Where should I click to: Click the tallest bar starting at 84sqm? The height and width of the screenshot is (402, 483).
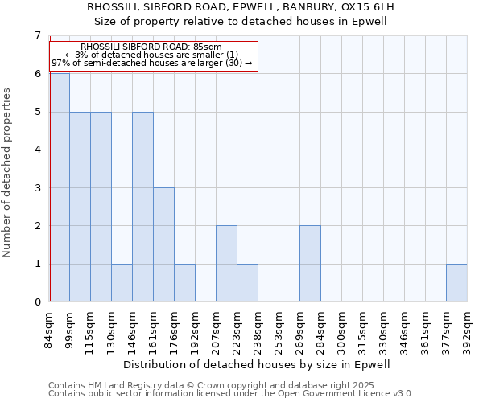pos(60,187)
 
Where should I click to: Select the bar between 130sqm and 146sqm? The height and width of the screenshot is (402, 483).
pos(122,282)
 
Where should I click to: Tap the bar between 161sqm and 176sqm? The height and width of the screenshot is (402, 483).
pos(163,244)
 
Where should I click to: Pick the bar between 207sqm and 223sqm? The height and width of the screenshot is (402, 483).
pos(226,264)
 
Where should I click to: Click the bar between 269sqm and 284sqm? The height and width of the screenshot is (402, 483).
pos(310,264)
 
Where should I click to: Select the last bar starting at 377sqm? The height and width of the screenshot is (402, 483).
pos(456,282)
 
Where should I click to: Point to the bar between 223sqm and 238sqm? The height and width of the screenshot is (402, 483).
pos(247,282)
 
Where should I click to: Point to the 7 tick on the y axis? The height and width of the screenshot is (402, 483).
pos(37,35)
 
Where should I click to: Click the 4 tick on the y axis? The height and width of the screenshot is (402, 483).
pos(37,150)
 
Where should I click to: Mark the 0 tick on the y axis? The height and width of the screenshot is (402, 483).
pos(37,302)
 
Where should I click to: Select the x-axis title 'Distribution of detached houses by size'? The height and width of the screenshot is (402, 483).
pos(258,364)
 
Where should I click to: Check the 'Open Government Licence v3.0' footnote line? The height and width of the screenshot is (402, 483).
pos(231,394)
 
